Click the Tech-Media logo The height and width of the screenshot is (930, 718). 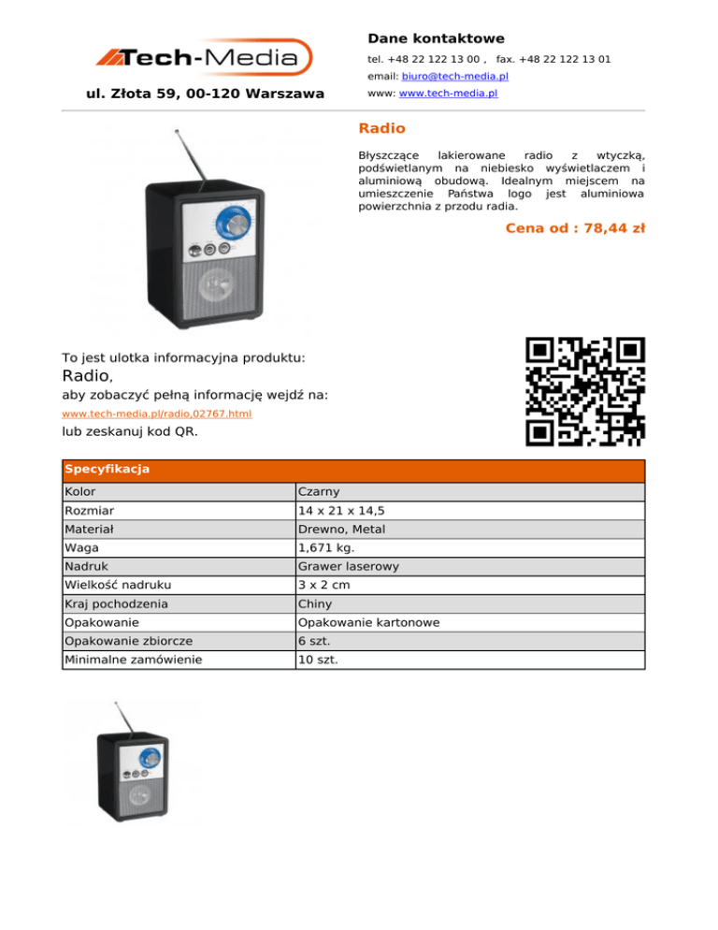204,57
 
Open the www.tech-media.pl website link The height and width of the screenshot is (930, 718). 449,94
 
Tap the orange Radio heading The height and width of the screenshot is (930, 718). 382,128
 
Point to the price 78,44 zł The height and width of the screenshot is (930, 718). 575,227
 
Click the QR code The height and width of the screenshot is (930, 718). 585,390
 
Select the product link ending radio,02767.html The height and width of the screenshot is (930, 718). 156,413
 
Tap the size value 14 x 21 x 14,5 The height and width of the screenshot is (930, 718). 343,511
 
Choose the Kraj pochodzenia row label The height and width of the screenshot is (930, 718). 117,604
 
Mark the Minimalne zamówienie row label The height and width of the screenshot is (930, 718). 133,660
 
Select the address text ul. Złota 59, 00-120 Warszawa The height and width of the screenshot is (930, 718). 205,94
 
